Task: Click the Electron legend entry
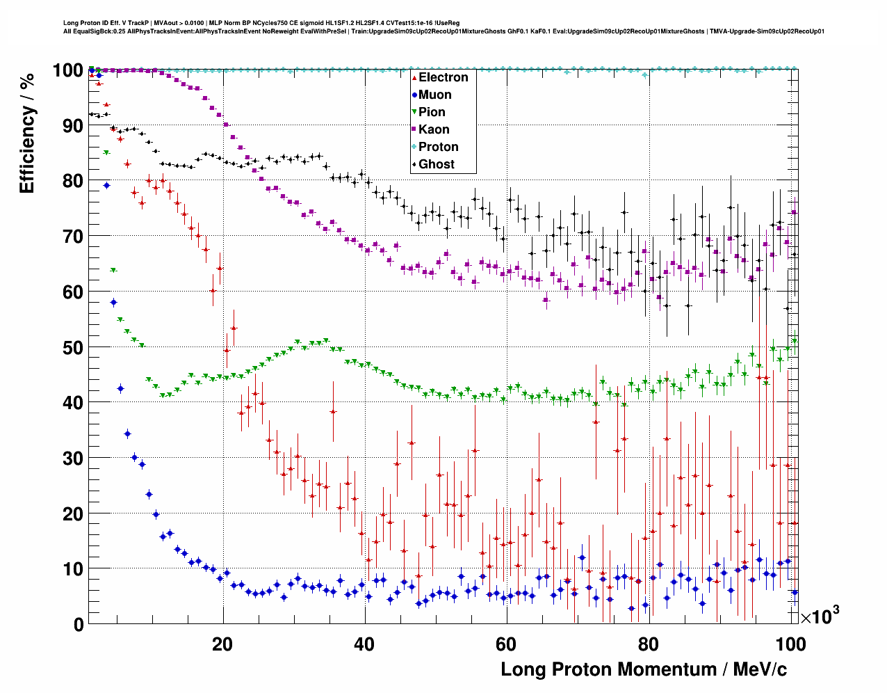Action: click(443, 77)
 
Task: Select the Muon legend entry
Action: click(434, 95)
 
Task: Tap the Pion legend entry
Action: click(432, 112)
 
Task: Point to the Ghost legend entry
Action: click(436, 164)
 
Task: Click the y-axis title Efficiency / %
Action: click(27, 132)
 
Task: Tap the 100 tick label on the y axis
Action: click(68, 70)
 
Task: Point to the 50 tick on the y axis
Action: click(73, 347)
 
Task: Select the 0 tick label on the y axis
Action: click(79, 624)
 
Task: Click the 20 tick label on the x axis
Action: click(222, 644)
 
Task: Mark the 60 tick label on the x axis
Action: click(506, 644)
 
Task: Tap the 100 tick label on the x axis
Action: click(790, 644)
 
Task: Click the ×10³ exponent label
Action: click(820, 616)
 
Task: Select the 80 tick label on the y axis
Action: click(73, 181)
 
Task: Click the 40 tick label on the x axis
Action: click(364, 644)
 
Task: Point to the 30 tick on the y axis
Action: click(73, 458)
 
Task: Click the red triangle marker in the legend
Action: click(414, 77)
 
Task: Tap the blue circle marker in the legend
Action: click(414, 95)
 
